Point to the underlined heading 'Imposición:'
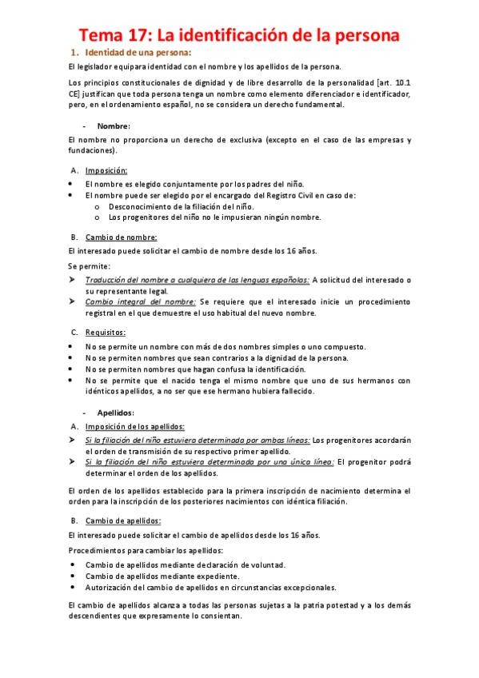(x=106, y=170)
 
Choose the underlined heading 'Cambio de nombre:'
(x=121, y=237)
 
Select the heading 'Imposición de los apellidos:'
(x=135, y=426)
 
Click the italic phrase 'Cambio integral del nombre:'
(x=141, y=301)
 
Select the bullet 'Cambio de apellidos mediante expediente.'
(x=162, y=575)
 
